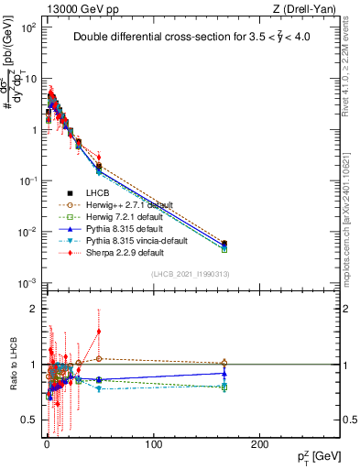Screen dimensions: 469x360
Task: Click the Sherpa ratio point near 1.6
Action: coord(99,332)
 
